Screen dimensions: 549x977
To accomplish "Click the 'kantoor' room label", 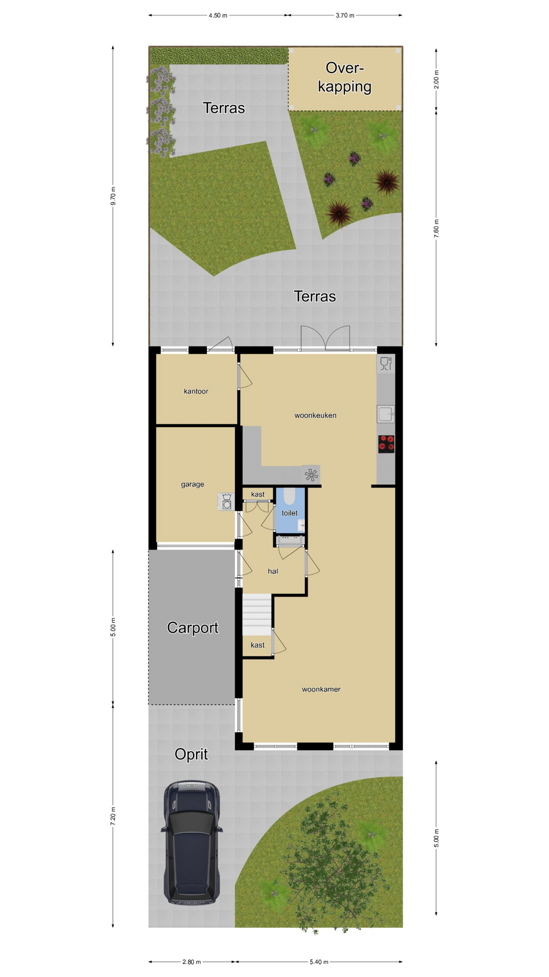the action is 196,391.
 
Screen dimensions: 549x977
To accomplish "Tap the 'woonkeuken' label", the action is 315,415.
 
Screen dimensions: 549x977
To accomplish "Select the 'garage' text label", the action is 193,484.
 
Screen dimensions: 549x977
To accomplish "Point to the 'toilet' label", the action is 290,513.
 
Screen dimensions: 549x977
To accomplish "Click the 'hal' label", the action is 273,571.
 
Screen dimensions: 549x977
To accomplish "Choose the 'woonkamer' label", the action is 321,689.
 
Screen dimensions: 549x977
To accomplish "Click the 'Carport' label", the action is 193,628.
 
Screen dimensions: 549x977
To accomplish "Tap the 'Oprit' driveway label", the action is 191,754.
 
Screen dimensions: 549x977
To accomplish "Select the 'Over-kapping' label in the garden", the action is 345,77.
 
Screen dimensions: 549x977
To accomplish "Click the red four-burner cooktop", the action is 386,444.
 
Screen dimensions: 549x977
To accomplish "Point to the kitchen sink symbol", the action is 386,414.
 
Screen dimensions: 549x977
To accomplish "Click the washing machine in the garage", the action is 226,502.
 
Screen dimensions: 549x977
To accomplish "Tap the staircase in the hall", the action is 257,615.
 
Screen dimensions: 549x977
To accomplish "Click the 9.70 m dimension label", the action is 113,196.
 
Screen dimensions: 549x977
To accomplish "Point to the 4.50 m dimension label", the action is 218,15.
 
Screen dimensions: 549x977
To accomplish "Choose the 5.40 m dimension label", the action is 319,962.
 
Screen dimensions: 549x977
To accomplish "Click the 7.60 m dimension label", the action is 437,228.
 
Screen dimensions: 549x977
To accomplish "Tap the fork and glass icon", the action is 386,363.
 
